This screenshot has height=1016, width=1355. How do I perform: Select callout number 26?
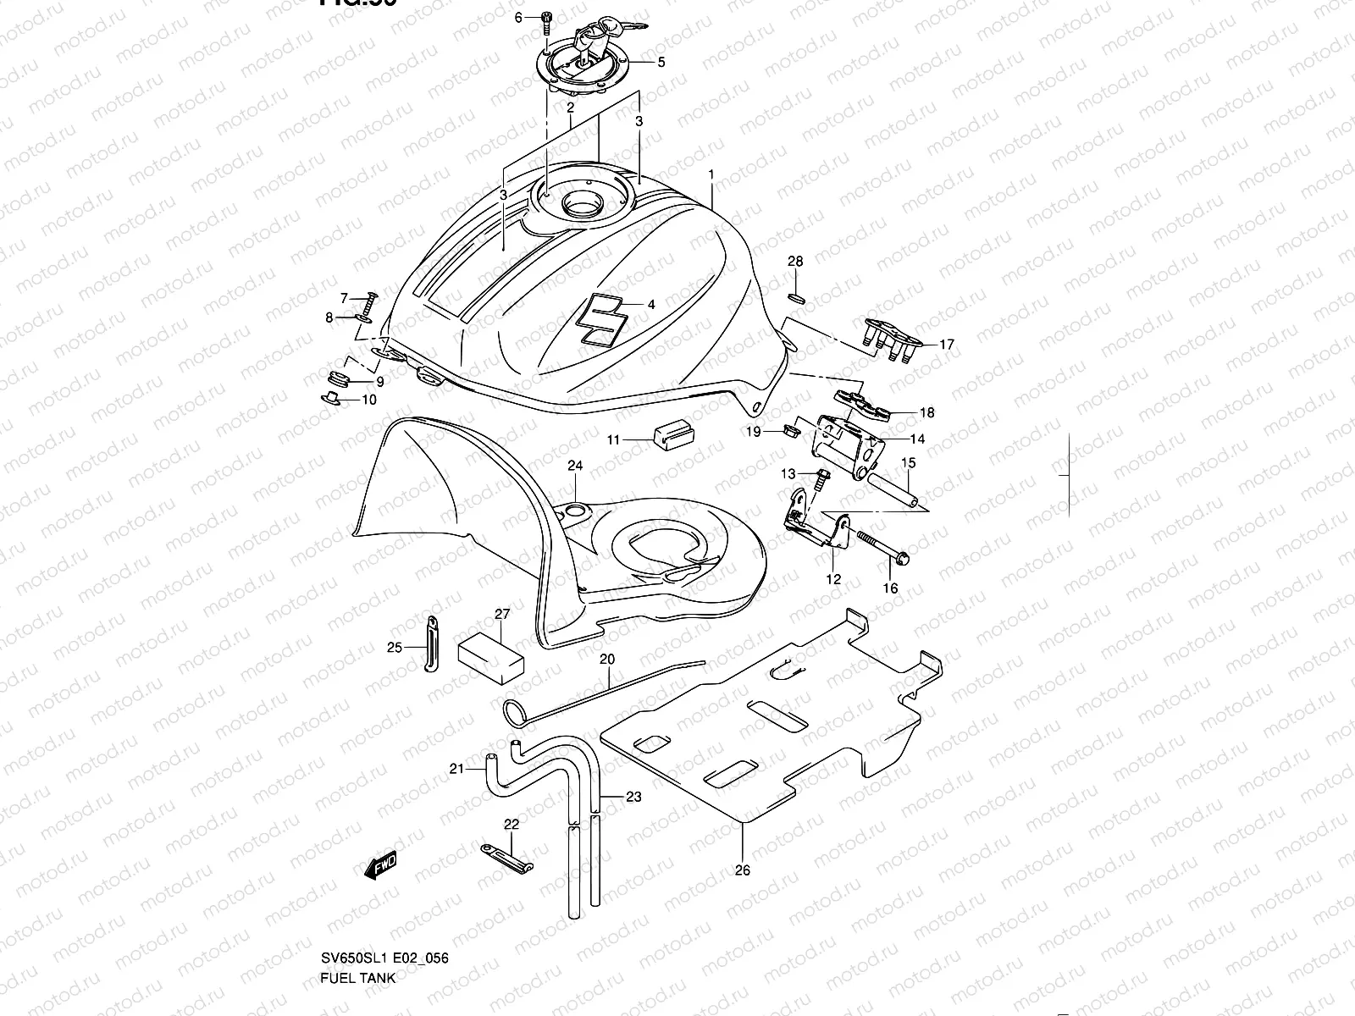(x=743, y=870)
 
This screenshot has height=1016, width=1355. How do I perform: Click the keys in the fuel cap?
(x=617, y=30)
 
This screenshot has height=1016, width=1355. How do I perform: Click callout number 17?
(x=946, y=345)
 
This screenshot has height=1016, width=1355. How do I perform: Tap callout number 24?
(x=575, y=467)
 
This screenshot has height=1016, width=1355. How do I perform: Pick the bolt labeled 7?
(x=370, y=304)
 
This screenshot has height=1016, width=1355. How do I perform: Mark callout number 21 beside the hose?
(x=456, y=769)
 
